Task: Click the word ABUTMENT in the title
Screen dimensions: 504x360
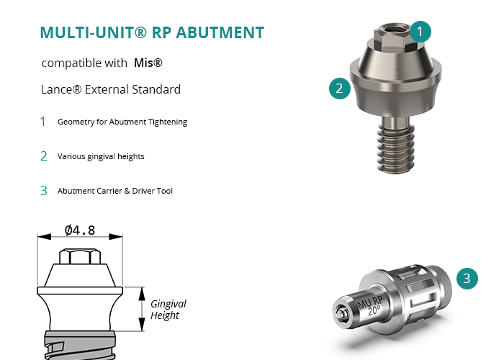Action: (x=220, y=32)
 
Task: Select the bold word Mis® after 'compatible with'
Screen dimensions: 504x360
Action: (x=148, y=63)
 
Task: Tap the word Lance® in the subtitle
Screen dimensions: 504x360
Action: (x=61, y=89)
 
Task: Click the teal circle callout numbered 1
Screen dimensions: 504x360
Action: (x=420, y=32)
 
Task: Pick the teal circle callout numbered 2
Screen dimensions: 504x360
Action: (x=340, y=89)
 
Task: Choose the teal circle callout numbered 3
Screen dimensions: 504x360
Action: (x=467, y=279)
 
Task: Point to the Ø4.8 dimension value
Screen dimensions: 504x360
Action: (x=80, y=230)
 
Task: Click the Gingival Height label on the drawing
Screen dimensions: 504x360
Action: (x=168, y=310)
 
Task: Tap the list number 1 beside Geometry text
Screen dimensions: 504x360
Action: (x=42, y=122)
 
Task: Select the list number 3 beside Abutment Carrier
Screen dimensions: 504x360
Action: (x=44, y=191)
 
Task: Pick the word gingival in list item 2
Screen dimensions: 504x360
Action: (x=102, y=156)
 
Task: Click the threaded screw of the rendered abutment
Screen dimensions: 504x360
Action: (x=395, y=148)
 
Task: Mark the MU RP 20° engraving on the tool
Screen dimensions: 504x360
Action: (x=370, y=305)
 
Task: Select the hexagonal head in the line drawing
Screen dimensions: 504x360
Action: (x=80, y=256)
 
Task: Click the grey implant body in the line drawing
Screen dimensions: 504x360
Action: (x=80, y=345)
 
